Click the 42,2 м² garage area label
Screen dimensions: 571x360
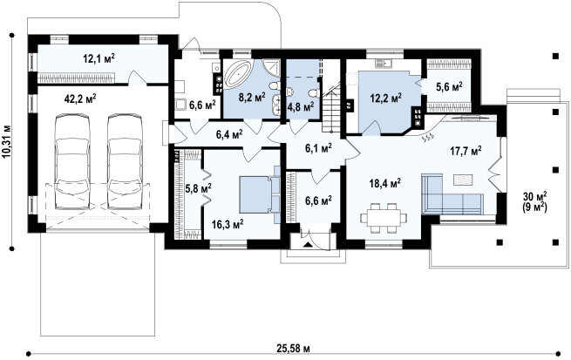pos(80,98)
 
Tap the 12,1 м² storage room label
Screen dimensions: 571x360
pos(99,58)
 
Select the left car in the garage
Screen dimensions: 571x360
pos(72,162)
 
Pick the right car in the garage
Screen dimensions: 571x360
pos(125,162)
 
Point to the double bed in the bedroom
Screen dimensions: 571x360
pos(260,194)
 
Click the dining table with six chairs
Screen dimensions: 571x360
pos(383,218)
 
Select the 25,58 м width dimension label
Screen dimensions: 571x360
pos(293,350)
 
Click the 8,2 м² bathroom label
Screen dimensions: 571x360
pos(252,97)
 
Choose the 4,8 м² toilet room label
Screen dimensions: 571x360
pos(301,107)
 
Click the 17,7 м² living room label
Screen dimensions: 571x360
pos(466,151)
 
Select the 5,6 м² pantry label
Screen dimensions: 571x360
pos(449,86)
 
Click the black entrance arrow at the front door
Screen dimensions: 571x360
pos(308,244)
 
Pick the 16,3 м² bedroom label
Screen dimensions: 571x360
pos(228,224)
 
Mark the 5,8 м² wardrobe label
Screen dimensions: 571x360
pos(199,189)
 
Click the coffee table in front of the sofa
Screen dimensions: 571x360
pos(463,180)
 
